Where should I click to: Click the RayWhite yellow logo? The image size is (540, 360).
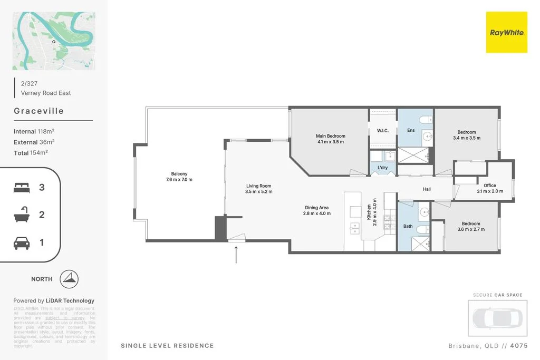pos(506,33)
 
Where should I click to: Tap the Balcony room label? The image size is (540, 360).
pos(179,174)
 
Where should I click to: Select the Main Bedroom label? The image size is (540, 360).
pos(331,136)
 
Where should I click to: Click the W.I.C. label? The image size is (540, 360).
pos(382,131)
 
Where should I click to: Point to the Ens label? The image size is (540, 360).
pos(411,130)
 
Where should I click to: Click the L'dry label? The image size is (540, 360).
pos(382,168)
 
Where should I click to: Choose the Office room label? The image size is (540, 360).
pos(489,186)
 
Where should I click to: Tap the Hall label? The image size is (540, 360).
pos(427,189)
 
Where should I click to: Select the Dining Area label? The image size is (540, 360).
pos(317,207)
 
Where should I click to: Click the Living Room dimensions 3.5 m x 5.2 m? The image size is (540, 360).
pos(258,192)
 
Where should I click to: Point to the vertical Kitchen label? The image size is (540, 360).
pos(369,212)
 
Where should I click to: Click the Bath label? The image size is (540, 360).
pos(408,226)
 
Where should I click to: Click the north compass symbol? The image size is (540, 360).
pos(70,279)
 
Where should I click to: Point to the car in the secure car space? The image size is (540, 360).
pos(497,318)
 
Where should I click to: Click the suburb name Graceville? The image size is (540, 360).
pos(38,111)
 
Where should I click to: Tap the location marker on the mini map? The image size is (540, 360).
pos(53,42)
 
